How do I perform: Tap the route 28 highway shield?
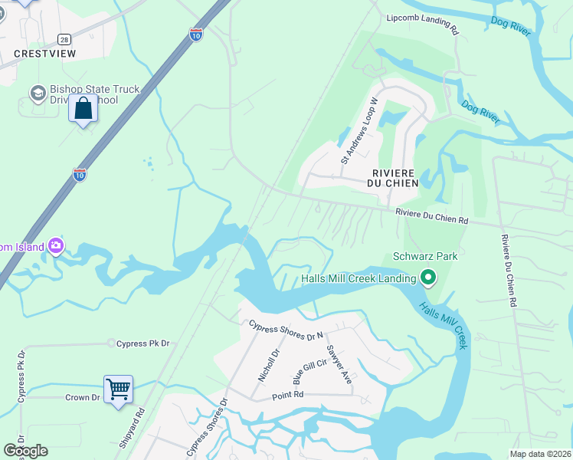pyautogui.click(x=64, y=39)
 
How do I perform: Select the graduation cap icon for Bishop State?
pyautogui.click(x=37, y=94)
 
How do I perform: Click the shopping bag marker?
pyautogui.click(x=83, y=109)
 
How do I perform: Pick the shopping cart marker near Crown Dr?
pyautogui.click(x=119, y=389)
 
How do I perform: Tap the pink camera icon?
pyautogui.click(x=56, y=246)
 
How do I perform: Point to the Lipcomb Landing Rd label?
pyautogui.click(x=422, y=25)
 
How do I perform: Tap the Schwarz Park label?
pyautogui.click(x=425, y=256)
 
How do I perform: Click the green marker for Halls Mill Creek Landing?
pyautogui.click(x=428, y=278)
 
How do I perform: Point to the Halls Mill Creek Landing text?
pyautogui.click(x=358, y=278)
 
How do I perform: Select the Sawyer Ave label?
pyautogui.click(x=338, y=365)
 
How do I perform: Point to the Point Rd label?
pyautogui.click(x=288, y=395)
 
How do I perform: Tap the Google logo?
pyautogui.click(x=26, y=451)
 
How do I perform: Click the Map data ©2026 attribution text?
pyautogui.click(x=541, y=454)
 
